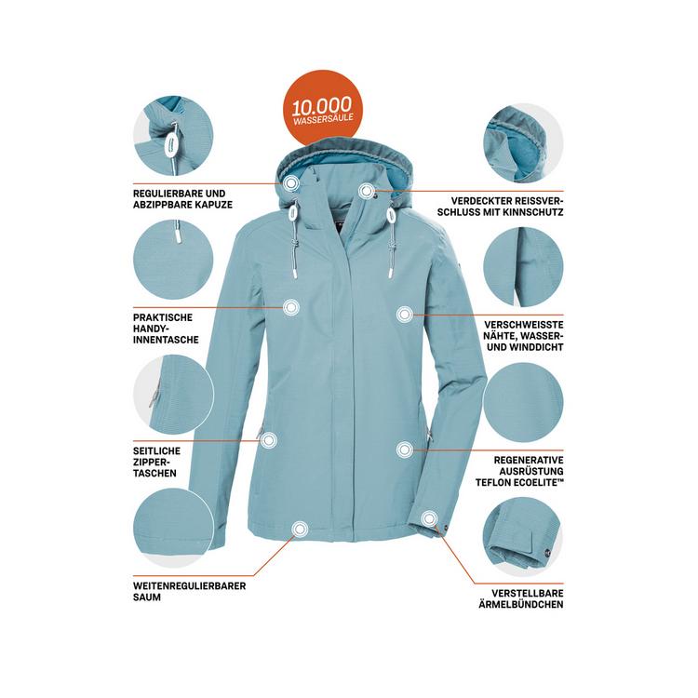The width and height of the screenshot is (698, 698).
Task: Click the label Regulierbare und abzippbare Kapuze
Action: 182,198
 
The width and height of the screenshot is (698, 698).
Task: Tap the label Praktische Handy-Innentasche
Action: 166,329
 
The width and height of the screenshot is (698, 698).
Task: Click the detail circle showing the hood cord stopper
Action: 173,141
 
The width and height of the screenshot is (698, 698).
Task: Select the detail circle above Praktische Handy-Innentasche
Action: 173,262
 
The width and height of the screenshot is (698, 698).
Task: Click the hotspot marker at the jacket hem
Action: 299,530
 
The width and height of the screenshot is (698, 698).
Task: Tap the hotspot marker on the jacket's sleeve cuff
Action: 428,517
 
